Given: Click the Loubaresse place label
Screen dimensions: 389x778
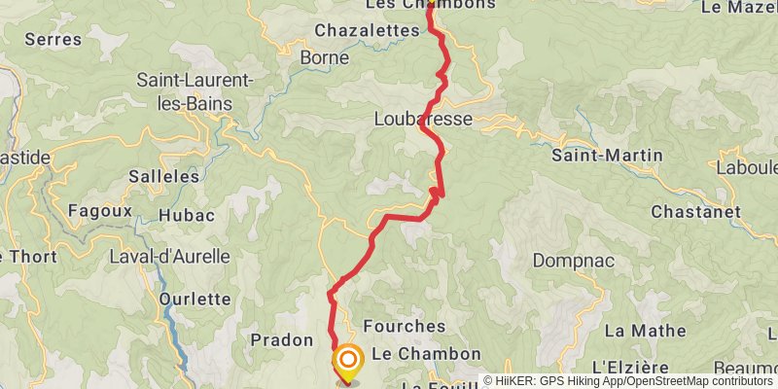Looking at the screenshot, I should (423, 119).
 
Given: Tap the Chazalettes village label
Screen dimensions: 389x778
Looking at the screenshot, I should (366, 31).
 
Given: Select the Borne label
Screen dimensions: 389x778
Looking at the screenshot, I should (325, 57).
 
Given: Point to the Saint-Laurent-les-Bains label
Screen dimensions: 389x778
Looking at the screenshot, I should (194, 89).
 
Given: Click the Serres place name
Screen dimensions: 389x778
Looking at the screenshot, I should (53, 40).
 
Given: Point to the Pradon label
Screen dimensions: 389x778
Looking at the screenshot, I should (281, 340).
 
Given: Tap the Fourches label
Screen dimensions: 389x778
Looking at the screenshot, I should (404, 326).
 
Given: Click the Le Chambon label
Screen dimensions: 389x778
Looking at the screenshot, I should (426, 354).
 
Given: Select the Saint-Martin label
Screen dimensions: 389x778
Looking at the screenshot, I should (607, 155).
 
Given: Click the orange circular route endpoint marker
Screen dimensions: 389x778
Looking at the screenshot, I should (347, 363).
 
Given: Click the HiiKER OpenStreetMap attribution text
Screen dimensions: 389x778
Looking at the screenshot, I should (630, 381).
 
